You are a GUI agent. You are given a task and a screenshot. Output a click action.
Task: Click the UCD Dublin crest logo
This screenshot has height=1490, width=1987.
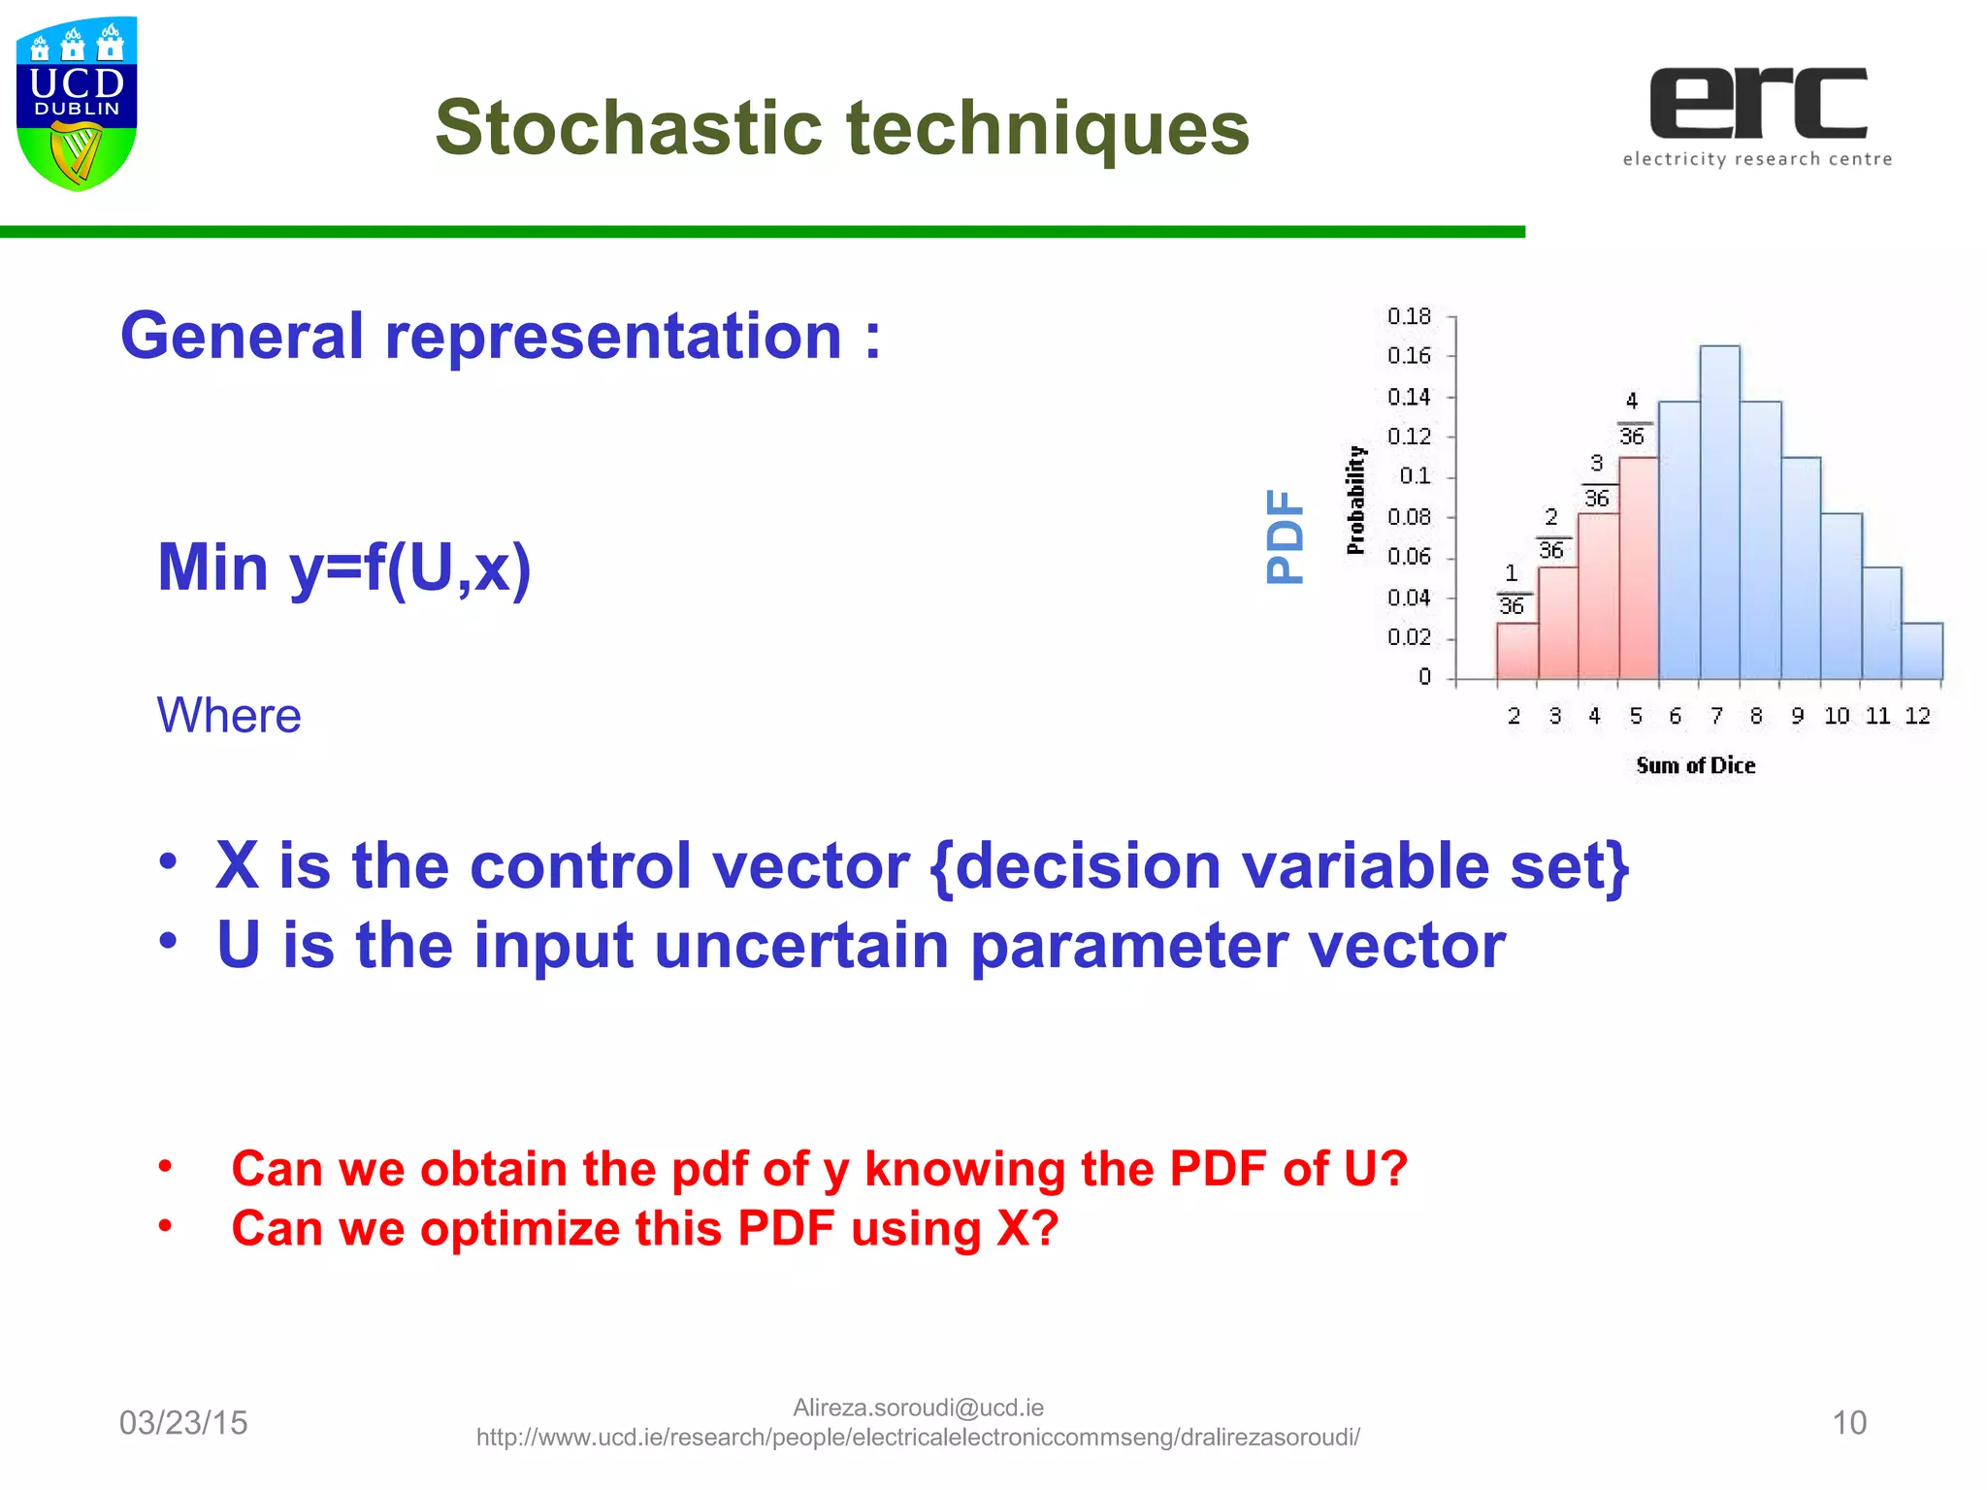tap(77, 104)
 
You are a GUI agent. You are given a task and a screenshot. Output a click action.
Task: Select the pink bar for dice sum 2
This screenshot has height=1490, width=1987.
tap(1516, 651)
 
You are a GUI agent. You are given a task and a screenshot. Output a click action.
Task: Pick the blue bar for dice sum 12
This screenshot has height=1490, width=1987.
tap(1921, 651)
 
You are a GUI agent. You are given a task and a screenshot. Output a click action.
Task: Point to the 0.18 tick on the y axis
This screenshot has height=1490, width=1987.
tap(1409, 316)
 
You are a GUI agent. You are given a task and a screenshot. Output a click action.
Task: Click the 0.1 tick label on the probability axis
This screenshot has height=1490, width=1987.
tap(1415, 476)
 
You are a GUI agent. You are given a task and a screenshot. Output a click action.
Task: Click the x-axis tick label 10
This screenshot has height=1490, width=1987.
tap(1837, 716)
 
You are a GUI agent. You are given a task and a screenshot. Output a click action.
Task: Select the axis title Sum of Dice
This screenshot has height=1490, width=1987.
tap(1695, 765)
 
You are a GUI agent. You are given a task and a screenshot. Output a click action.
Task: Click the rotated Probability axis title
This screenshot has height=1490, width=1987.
tap(1355, 500)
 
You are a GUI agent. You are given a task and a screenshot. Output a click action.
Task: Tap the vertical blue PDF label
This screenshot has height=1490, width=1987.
tap(1285, 535)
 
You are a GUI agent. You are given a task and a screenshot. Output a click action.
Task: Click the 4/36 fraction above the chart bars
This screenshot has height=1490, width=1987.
tap(1632, 419)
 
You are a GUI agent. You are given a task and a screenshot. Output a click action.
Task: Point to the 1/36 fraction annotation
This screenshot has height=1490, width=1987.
tap(1512, 590)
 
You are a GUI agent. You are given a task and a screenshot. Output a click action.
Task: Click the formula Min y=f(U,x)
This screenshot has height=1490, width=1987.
tap(344, 567)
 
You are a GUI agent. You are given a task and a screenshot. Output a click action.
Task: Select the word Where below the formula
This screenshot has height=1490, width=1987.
tap(229, 716)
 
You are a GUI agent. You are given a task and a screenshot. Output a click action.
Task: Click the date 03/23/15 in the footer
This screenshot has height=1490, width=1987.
tap(183, 1423)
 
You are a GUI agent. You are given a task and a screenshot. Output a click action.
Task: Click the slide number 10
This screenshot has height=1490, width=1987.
tap(1848, 1423)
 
